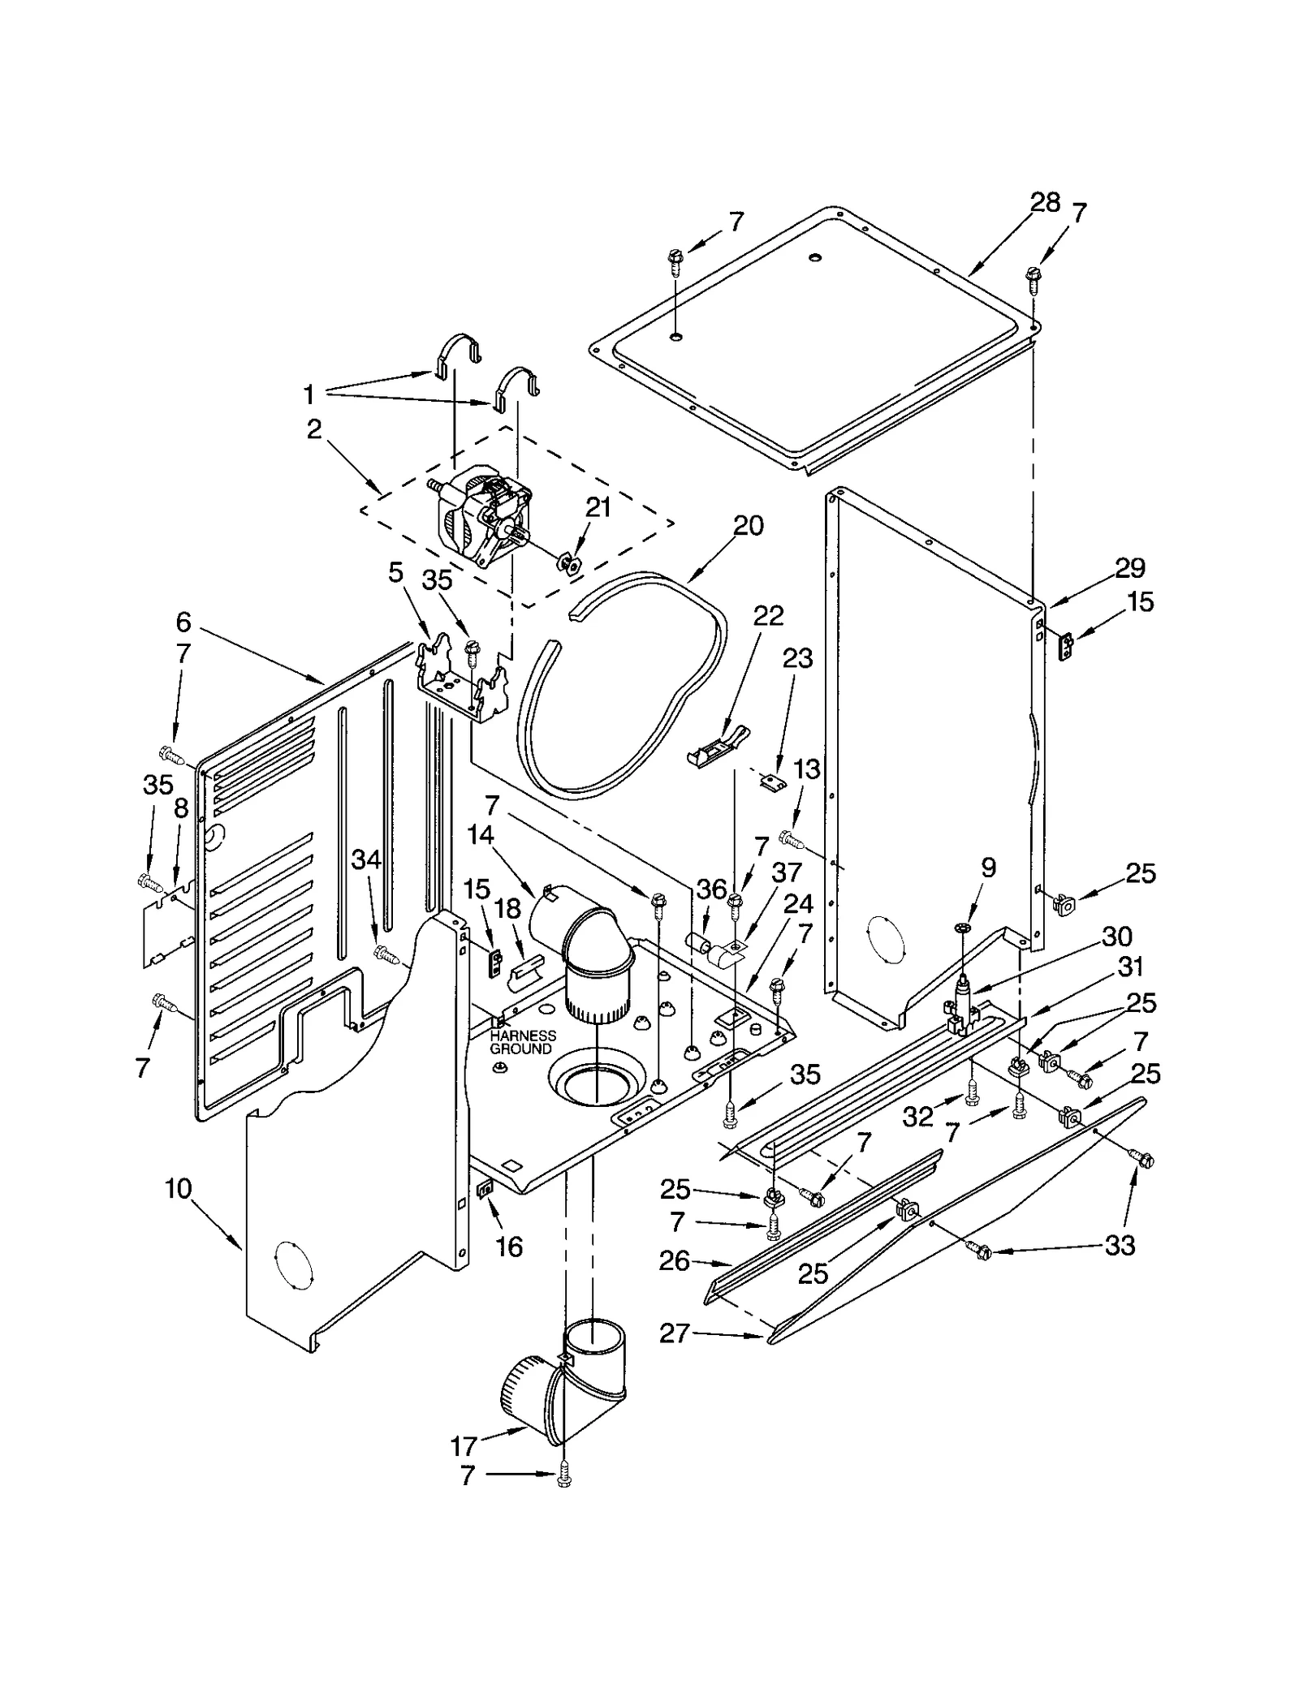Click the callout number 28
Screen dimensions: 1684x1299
(1045, 202)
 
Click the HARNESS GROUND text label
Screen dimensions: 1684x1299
(523, 1042)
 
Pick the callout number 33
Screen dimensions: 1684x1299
(1120, 1245)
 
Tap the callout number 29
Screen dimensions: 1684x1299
(1129, 568)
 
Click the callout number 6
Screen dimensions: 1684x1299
(183, 622)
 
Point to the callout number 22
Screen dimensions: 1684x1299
(767, 616)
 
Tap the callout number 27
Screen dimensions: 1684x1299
(675, 1333)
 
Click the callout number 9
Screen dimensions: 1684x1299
(987, 868)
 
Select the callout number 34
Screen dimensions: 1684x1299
(366, 859)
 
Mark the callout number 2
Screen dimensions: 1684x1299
(314, 429)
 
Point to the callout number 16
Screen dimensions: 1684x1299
(509, 1247)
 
